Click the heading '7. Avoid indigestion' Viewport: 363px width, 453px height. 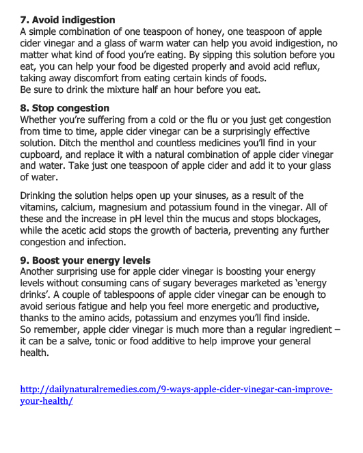(68, 20)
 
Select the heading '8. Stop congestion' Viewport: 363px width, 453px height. (65, 108)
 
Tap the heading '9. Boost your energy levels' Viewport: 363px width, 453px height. (85, 260)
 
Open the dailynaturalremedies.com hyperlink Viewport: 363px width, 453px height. (176, 389)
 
